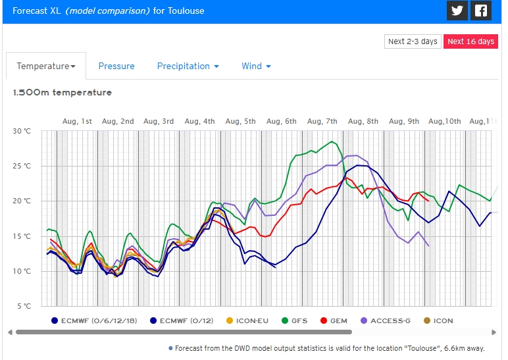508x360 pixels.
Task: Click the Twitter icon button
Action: (457, 11)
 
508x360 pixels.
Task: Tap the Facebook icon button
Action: (482, 11)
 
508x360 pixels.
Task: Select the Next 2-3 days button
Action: (413, 41)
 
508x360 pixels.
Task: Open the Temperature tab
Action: (46, 66)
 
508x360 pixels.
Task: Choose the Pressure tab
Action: (116, 66)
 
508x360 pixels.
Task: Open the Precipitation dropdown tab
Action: (188, 66)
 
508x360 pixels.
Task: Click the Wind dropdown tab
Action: (256, 66)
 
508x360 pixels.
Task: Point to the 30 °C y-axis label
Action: (22, 131)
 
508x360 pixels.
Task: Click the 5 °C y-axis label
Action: (23, 306)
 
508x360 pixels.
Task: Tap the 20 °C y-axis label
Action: (22, 201)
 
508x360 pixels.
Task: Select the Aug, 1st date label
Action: (77, 121)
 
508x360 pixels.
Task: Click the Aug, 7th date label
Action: (322, 121)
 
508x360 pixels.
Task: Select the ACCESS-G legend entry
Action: (385, 321)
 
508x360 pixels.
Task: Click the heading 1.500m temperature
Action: (63, 93)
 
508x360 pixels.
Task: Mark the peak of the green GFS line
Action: (333, 141)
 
